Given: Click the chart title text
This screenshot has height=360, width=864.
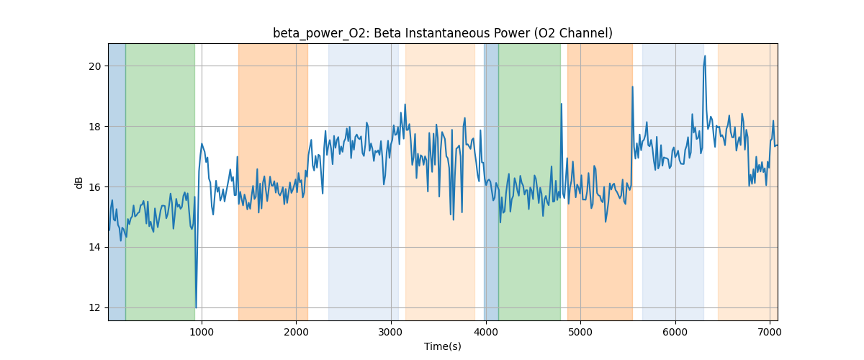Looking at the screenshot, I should point(442,33).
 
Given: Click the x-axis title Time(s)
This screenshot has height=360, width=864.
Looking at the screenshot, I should point(442,346).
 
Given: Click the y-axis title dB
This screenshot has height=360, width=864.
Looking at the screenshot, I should point(79,182).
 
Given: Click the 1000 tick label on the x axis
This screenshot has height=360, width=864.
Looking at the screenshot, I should point(202,331).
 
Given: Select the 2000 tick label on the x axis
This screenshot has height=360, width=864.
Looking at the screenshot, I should point(296,331).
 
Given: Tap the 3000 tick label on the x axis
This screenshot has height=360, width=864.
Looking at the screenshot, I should point(391,331).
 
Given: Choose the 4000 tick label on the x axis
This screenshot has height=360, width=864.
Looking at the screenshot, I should point(486,331).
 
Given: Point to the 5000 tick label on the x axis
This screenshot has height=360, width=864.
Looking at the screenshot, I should point(580,331).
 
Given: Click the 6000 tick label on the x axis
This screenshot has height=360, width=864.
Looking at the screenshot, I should point(675,331).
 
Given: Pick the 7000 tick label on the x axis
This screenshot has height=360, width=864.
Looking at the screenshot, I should point(770,331).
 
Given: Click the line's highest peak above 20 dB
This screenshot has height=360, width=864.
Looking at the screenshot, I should point(705,56).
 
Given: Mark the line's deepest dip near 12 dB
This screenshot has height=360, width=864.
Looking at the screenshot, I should point(196,307).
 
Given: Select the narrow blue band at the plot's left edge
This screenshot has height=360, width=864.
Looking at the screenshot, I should point(117,180).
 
